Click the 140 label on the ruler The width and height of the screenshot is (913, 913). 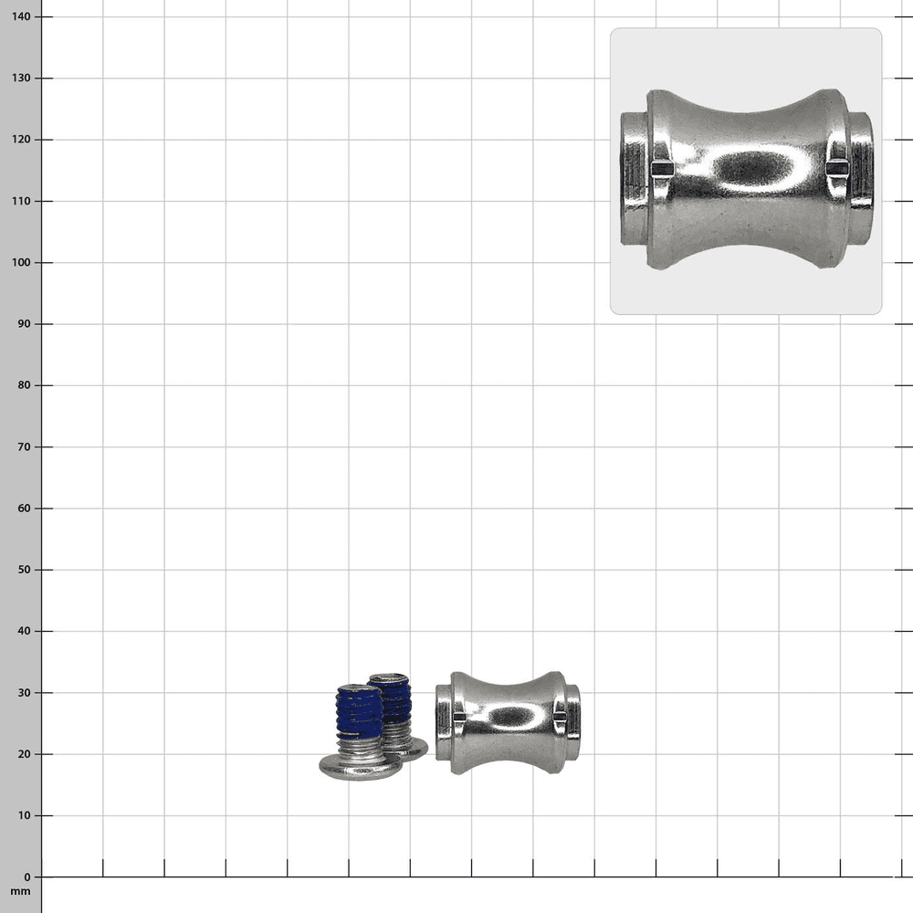[x=21, y=16]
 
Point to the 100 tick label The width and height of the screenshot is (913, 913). [x=21, y=262]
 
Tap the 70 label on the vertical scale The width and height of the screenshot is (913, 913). [x=24, y=446]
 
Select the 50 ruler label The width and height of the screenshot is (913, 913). [x=24, y=570]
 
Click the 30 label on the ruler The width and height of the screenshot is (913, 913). [x=24, y=692]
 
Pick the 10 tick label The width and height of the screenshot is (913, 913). [x=24, y=815]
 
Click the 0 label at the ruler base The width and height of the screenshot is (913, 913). [x=27, y=876]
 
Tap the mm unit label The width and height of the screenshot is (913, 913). [x=20, y=891]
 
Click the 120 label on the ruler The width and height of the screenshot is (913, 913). [x=21, y=139]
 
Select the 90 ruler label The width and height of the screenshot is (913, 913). [x=24, y=324]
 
